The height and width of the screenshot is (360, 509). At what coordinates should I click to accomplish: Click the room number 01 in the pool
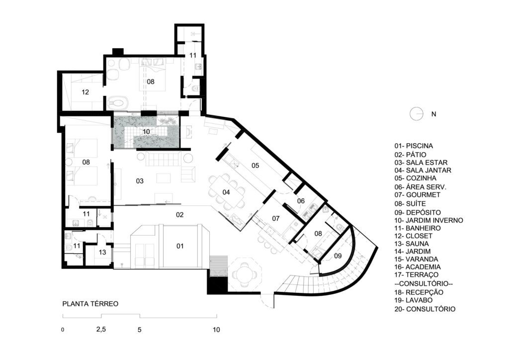click(180, 246)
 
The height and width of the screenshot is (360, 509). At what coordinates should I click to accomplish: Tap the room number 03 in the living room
click(140, 181)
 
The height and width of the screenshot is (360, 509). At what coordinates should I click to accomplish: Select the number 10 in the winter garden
click(146, 131)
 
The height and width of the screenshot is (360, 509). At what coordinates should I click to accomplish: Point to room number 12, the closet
click(85, 92)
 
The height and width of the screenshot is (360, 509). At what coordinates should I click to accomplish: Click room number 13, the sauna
click(102, 252)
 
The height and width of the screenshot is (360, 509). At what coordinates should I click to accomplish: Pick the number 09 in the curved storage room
click(338, 256)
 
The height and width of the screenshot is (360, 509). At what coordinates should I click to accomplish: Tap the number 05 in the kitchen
click(255, 166)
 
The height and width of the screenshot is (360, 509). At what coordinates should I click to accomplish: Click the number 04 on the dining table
click(226, 192)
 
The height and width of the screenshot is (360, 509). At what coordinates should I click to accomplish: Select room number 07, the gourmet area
click(276, 218)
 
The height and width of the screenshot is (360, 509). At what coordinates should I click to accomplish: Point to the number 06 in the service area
click(301, 201)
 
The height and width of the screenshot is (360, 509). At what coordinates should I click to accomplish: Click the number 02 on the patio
click(180, 215)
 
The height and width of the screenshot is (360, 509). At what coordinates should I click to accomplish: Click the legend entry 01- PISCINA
click(414, 146)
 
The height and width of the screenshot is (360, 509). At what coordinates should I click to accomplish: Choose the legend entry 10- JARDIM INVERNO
click(428, 220)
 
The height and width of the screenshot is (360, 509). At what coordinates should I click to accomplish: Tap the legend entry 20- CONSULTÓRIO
click(425, 309)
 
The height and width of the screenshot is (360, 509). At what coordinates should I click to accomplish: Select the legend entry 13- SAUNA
click(412, 244)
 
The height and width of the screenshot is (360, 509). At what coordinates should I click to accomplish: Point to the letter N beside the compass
click(433, 114)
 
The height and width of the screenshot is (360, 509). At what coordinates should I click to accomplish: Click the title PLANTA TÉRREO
click(90, 304)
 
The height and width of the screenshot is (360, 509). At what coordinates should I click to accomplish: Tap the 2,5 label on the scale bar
click(101, 329)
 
